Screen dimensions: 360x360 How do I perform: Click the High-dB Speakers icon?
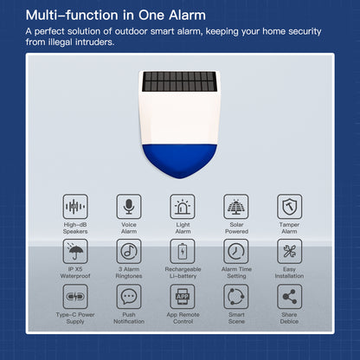click(75, 206)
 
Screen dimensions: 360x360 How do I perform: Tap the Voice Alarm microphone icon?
click(129, 206)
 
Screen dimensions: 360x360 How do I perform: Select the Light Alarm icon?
click(183, 206)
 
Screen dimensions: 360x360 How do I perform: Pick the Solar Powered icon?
click(235, 206)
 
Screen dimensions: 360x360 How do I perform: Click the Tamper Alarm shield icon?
click(289, 206)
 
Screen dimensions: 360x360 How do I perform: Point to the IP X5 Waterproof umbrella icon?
click(75, 251)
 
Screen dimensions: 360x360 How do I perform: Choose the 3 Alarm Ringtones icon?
click(129, 251)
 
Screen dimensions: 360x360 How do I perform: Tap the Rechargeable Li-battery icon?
click(183, 251)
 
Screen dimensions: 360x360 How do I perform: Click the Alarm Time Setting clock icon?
click(235, 251)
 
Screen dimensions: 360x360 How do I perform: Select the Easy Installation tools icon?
click(289, 251)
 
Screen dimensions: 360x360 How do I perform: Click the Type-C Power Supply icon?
click(75, 296)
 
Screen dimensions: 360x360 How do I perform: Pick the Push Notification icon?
click(129, 296)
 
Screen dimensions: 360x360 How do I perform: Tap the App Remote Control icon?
click(183, 296)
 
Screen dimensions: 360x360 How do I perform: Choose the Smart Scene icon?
click(235, 296)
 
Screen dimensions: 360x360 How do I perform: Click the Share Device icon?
click(289, 296)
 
